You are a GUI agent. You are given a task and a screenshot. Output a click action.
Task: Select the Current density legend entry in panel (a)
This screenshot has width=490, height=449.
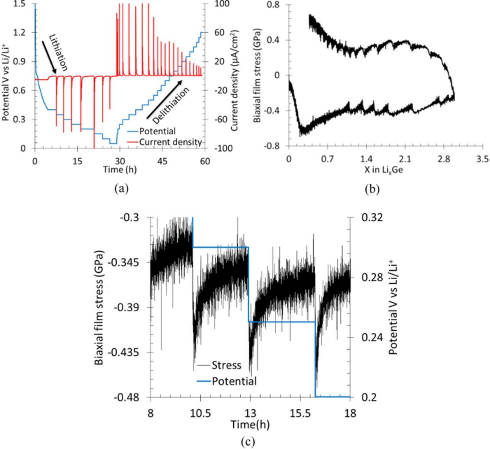pos(170,142)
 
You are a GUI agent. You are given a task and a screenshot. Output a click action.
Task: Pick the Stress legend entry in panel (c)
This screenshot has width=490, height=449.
pos(226,365)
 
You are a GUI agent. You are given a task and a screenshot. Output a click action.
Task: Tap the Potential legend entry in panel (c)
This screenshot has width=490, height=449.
pos(234,381)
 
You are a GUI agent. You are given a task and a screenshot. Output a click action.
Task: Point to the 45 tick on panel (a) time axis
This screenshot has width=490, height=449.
pos(163,161)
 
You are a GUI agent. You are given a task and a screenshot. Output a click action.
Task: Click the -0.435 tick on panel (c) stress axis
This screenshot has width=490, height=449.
pos(129,352)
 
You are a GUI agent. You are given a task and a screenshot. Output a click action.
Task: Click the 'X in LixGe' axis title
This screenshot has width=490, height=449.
pos(384,170)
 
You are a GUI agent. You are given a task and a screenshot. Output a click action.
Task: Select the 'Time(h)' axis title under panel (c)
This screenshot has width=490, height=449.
pos(250,424)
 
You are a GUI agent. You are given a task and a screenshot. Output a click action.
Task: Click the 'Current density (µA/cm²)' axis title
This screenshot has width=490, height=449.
pos(234,80)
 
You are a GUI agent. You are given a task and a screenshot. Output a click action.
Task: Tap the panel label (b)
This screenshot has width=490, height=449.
pos(372,189)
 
